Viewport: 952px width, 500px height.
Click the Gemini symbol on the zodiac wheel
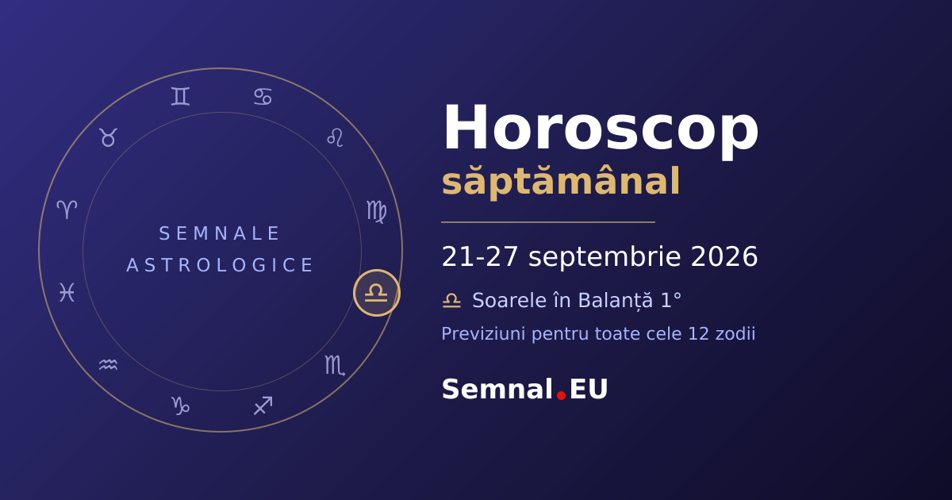pos(180,96)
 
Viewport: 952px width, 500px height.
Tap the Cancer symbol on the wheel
pos(263,97)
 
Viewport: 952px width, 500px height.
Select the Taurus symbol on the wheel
pos(109,137)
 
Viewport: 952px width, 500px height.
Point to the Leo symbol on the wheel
pos(335,137)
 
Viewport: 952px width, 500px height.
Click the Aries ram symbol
pos(67,210)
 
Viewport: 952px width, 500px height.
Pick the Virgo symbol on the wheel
pos(377,212)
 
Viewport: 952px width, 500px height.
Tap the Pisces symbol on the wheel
pos(67,292)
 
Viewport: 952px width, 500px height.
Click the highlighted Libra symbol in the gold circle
pos(376,293)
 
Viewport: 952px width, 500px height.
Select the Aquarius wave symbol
pos(108,365)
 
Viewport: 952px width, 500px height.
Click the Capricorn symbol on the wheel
pos(180,406)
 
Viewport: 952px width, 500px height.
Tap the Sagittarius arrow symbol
pos(263,406)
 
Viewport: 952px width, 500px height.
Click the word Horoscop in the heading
pos(601,129)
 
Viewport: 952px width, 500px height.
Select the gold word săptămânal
pos(561,182)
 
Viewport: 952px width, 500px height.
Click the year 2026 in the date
pos(724,257)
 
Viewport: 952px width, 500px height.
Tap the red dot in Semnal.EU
pos(561,395)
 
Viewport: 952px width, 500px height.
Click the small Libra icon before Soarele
pos(451,301)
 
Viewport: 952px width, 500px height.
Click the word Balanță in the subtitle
pos(616,301)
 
